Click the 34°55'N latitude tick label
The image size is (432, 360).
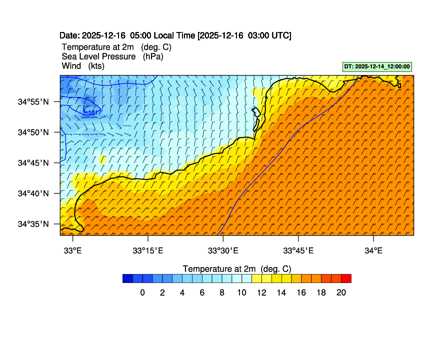pyautogui.click(x=33, y=101)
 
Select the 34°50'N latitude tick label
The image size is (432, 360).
pyautogui.click(x=33, y=132)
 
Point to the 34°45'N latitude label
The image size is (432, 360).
pyautogui.click(x=33, y=162)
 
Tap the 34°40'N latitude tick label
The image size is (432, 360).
pyautogui.click(x=33, y=193)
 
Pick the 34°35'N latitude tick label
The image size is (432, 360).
pyautogui.click(x=33, y=223)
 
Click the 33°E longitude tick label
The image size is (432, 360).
pyautogui.click(x=73, y=250)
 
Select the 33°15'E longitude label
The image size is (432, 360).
pyautogui.click(x=148, y=250)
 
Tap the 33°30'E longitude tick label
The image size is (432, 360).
pyautogui.click(x=223, y=250)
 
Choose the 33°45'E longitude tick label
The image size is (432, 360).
pyautogui.click(x=298, y=250)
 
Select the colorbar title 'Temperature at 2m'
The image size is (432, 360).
pyautogui.click(x=236, y=268)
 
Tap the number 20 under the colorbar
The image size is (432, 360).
pyautogui.click(x=341, y=293)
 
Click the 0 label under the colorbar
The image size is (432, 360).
pyautogui.click(x=142, y=293)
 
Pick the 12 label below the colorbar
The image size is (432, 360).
pyautogui.click(x=261, y=293)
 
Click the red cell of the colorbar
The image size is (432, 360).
pyautogui.click(x=346, y=278)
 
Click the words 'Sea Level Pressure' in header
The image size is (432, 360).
pyautogui.click(x=98, y=56)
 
